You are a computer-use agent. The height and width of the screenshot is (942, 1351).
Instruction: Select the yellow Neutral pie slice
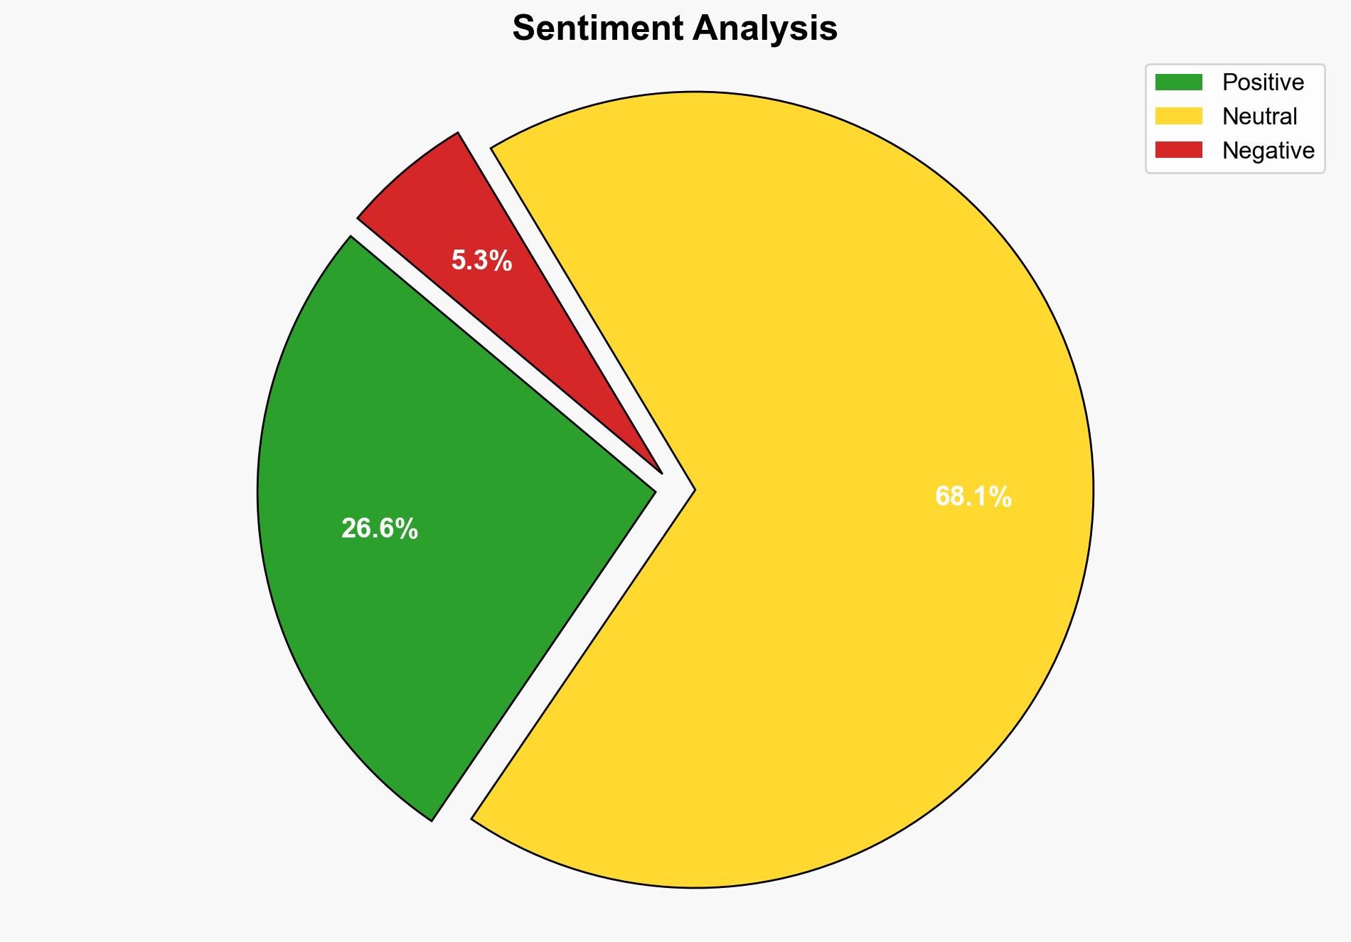pos(818,355)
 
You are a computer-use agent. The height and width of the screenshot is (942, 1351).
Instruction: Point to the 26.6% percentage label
pos(379,529)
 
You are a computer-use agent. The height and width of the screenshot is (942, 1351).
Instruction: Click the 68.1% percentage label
pos(973,497)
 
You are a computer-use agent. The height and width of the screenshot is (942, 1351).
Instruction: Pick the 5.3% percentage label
pos(481,262)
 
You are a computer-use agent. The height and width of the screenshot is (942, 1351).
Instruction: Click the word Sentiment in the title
pos(598,29)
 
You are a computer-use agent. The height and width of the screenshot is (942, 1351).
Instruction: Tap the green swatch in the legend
pos(1178,82)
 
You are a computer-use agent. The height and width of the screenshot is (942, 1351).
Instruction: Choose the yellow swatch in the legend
pos(1178,116)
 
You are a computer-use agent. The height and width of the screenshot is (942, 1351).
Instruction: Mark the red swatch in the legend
pos(1178,150)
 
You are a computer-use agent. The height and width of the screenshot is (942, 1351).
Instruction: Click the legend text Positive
pos(1263,82)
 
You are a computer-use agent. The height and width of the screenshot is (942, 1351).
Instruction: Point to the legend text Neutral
pos(1259,116)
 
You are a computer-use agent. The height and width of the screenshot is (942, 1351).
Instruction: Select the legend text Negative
pos(1268,150)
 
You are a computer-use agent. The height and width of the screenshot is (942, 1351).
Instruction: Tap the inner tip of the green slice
pos(653,490)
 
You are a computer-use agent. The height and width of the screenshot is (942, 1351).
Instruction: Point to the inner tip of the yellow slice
pos(693,490)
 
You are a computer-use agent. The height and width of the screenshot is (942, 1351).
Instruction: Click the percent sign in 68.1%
pos(1002,497)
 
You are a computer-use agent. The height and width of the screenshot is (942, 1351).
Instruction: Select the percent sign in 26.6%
pos(408,529)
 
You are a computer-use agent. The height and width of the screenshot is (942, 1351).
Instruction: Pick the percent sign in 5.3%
pos(502,262)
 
